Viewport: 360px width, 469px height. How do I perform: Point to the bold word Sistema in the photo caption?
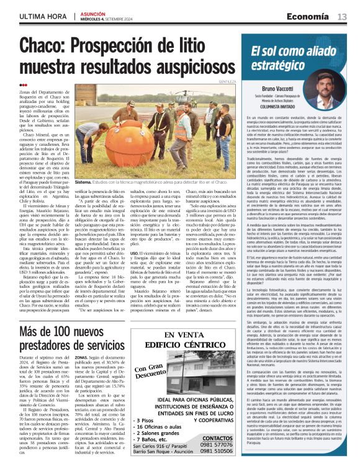[83, 182]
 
